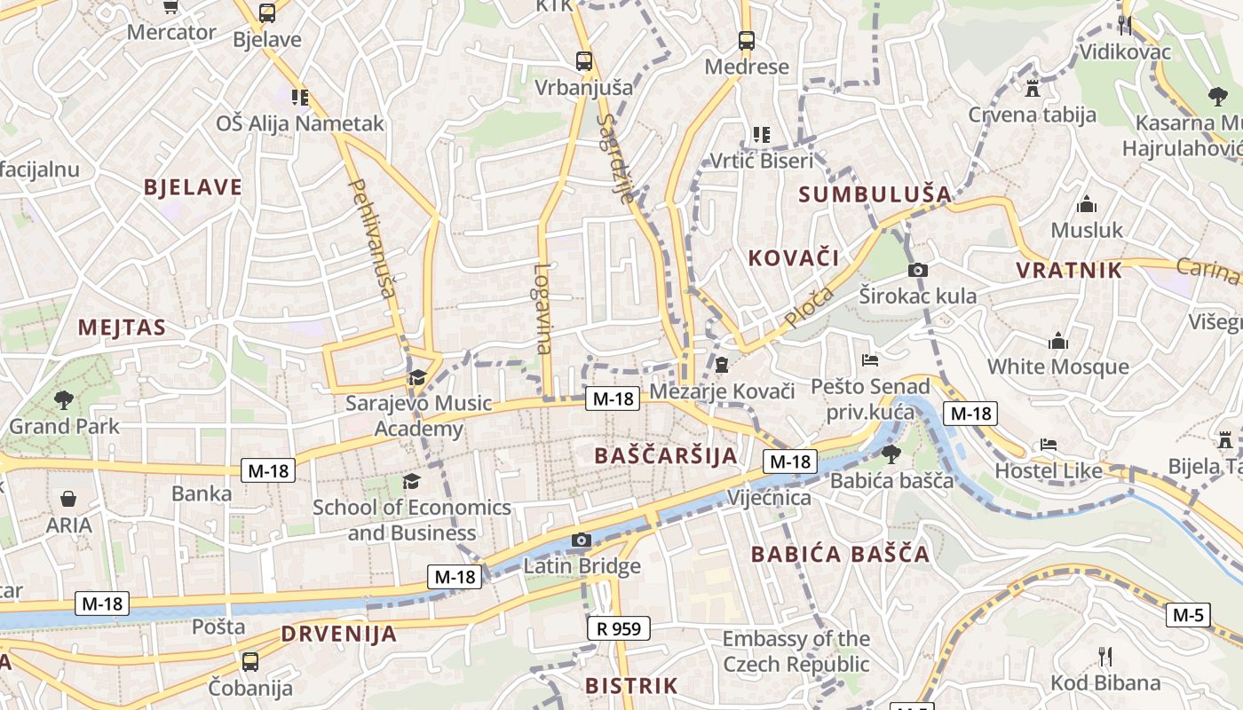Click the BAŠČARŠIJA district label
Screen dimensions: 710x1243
[666, 456]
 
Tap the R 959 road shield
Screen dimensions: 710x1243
[619, 629]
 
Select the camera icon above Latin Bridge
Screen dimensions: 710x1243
[582, 540]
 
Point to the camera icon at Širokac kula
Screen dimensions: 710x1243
[918, 270]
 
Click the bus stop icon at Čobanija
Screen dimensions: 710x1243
[250, 661]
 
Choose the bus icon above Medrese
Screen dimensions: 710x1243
[747, 40]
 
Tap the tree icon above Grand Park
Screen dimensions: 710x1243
[64, 399]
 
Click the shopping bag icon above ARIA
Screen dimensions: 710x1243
[68, 500]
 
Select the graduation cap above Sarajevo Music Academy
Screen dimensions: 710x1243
[416, 378]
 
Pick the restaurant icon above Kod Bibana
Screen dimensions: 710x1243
[1105, 657]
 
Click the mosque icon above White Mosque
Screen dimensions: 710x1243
[1058, 341]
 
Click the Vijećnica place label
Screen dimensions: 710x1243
[769, 497]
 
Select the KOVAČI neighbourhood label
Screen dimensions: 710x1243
[793, 258]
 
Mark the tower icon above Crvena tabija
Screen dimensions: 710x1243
[1032, 88]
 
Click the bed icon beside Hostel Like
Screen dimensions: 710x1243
[1049, 445]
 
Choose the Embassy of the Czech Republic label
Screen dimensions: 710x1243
[796, 651]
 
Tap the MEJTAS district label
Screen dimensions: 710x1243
[122, 327]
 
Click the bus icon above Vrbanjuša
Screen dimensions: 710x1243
[583, 61]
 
